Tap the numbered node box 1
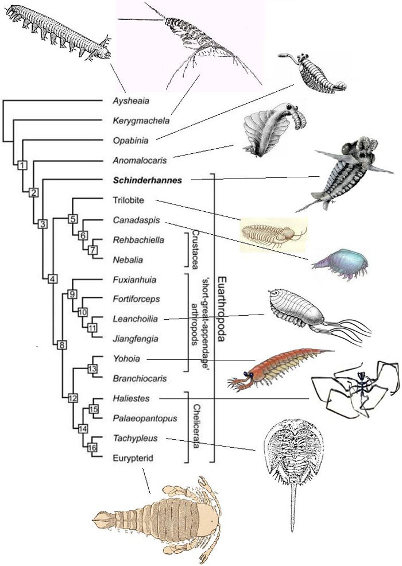[22, 166]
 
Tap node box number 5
[72, 218]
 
